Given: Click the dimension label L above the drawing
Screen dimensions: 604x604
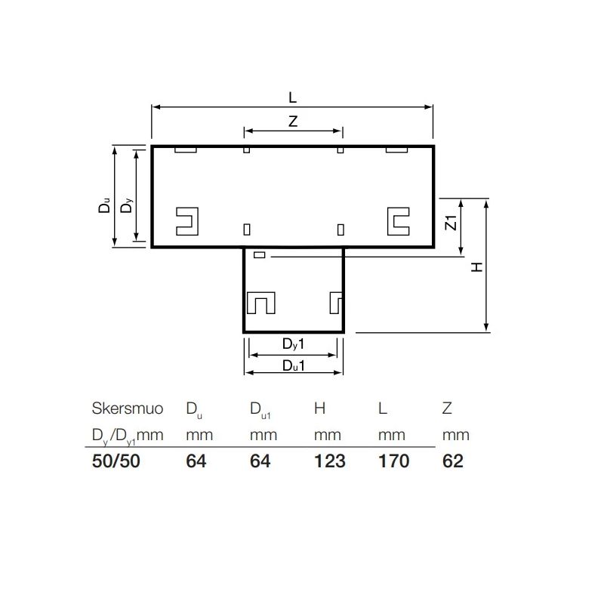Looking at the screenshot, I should (x=292, y=97).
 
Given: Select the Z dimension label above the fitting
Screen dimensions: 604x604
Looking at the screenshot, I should (x=292, y=122).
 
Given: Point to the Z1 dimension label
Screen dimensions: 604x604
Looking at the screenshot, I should (x=450, y=223).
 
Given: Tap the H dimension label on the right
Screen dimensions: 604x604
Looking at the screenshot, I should (x=476, y=267).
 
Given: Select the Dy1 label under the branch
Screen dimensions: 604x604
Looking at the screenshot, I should (x=293, y=344).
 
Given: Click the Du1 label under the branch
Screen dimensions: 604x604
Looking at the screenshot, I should (x=293, y=365).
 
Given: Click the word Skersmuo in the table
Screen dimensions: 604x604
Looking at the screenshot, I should (x=127, y=409).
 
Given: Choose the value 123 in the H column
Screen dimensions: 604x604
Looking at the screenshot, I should (x=329, y=461).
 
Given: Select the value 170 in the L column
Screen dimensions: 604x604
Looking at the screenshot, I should (x=393, y=461).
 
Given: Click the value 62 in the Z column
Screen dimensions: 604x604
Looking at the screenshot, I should (x=452, y=461).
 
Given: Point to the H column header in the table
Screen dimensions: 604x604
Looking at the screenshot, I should (x=320, y=409).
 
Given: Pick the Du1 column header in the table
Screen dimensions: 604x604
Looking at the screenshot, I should (x=260, y=411).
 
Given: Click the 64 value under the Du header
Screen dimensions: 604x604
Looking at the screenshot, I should (x=196, y=461).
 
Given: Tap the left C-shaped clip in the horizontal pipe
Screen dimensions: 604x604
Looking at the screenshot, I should (x=186, y=220).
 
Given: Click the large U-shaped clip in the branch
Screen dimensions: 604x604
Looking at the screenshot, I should (x=261, y=303).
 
